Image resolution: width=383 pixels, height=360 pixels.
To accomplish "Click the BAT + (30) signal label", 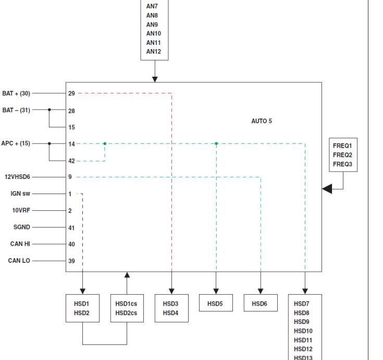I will click(16, 93).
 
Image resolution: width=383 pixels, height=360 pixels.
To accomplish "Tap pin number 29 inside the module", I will click(71, 93).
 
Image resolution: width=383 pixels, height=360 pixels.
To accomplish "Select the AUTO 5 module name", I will click(261, 121).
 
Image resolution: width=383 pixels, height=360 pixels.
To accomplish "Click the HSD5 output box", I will click(216, 303).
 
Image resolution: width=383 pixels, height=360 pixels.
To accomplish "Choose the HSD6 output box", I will click(261, 303).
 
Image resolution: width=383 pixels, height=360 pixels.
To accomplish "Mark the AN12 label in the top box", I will click(154, 52).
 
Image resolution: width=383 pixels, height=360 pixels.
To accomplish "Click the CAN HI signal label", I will click(19, 244).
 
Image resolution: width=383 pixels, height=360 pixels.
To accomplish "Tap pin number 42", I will click(71, 161).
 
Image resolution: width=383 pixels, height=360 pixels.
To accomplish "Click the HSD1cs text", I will click(127, 303).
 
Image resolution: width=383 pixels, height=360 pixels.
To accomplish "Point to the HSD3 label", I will click(170, 303).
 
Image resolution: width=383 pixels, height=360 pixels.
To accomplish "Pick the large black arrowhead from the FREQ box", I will click(327, 188).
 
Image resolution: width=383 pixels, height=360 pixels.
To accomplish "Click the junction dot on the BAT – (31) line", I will click(50, 110).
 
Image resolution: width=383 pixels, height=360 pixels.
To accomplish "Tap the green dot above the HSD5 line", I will click(216, 143).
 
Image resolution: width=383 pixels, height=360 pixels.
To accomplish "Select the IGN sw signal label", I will click(20, 194).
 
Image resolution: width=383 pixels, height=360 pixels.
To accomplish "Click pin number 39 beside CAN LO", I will click(71, 261).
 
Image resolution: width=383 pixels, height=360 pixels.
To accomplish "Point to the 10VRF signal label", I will click(20, 211).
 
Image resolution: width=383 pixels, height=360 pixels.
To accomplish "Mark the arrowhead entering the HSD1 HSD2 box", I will click(83, 291).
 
